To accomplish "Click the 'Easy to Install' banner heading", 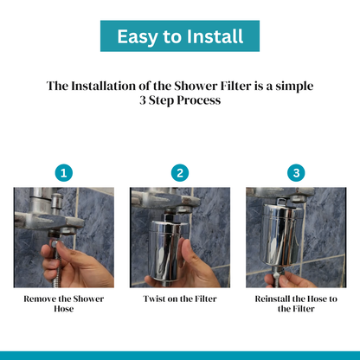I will coord(180,37).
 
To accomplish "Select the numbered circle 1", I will coord(63,172).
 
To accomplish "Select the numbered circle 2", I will coord(180,172).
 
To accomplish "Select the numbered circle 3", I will coord(296,172).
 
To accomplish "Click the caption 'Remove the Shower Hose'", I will coord(63,303).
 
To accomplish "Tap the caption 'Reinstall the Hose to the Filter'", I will coord(296,303).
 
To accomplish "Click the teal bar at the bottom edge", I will coord(180,355).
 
